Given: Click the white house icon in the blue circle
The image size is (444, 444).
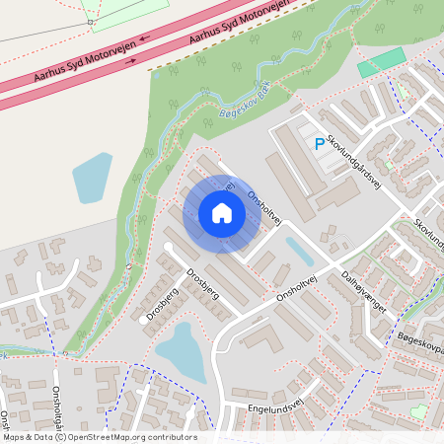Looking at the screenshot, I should (222, 213).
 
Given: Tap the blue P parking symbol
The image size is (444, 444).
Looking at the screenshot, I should (319, 144).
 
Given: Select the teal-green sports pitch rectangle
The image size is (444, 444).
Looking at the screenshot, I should (381, 62).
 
